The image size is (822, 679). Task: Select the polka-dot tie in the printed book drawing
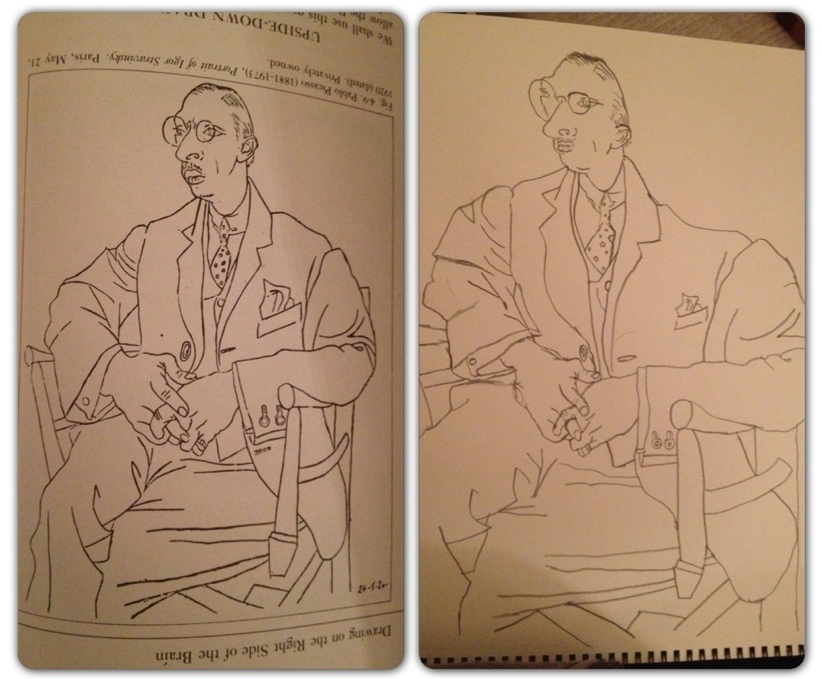click(221, 255)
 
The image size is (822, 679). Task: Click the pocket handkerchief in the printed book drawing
click(276, 300)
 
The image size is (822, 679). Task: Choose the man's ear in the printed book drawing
click(247, 148)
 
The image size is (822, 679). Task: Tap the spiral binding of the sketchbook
click(615, 659)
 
